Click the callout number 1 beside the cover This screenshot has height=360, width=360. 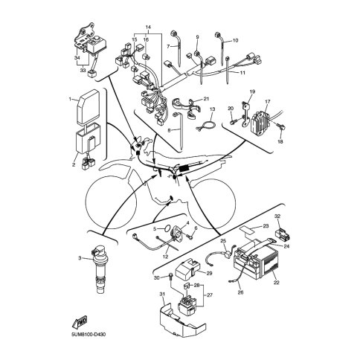point(70,99)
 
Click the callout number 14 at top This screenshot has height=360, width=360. point(148,27)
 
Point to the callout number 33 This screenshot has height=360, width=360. point(83,71)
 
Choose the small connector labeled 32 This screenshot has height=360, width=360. point(283,234)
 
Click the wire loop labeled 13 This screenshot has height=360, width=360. point(205,124)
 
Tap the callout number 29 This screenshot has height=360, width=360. point(209,274)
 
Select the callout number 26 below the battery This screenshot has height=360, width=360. point(240,292)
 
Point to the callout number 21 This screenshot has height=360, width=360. point(206,99)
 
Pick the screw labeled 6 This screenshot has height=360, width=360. point(190,237)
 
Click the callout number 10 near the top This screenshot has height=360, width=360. point(235,40)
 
